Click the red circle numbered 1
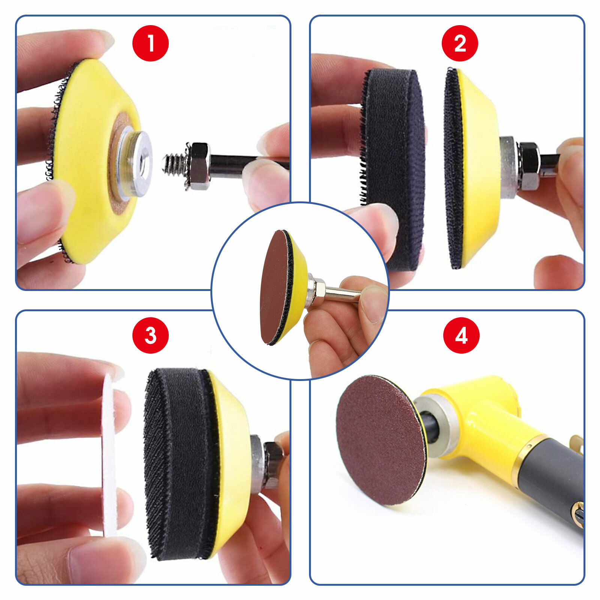pos(150,43)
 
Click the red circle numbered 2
pos(460,43)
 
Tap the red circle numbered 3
pos(150,335)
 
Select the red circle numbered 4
pos(461,335)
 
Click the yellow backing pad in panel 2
pos(480,169)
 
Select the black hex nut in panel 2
pos(528,165)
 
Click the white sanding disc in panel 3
pos(109,454)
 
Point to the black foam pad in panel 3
pos(176,461)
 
